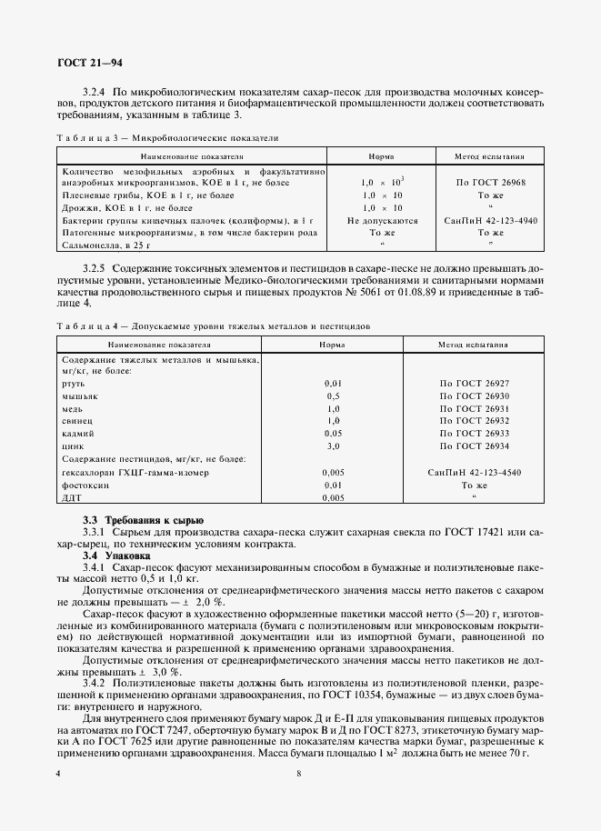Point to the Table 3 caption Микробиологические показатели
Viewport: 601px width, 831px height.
(168, 138)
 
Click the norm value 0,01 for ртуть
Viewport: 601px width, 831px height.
(333, 384)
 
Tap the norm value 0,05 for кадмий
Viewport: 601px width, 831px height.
(333, 434)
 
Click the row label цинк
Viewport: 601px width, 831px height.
(72, 446)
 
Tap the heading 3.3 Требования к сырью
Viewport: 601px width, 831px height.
(136, 519)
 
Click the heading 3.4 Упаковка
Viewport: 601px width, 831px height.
(118, 555)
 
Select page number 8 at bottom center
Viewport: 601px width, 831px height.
(299, 774)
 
